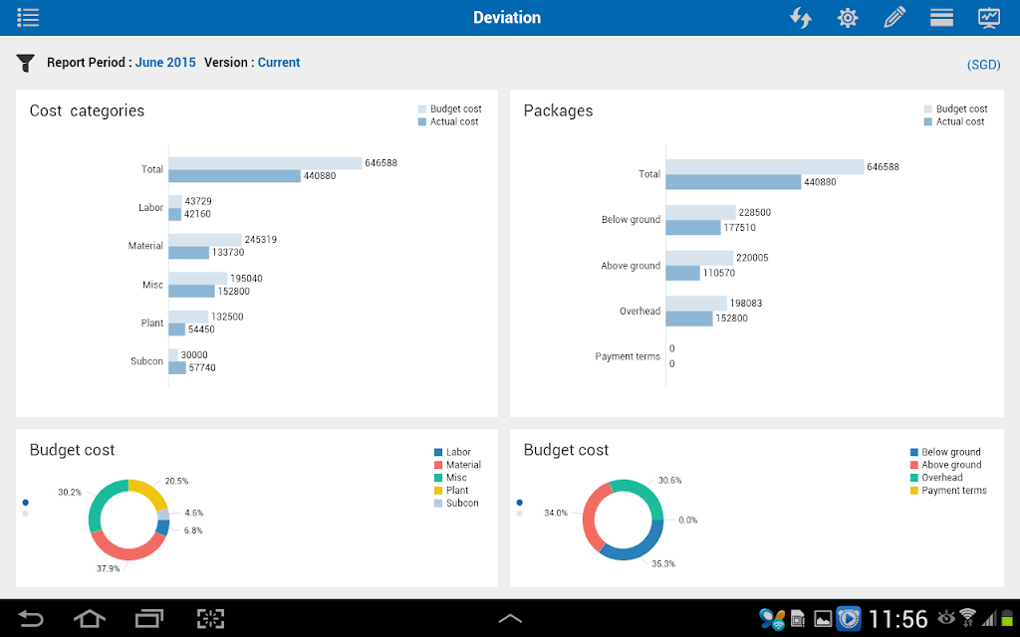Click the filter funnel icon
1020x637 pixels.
coord(25,63)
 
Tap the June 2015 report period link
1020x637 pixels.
coord(165,63)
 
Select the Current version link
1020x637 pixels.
coord(279,63)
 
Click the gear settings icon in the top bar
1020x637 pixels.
coord(848,18)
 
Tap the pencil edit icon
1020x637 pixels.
coord(894,18)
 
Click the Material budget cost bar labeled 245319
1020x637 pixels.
coord(205,240)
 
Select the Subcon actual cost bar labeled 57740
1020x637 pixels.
coord(177,368)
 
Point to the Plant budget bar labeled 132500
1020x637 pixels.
coord(188,317)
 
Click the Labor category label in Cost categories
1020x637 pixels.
coord(150,207)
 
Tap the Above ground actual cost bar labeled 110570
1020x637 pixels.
coord(682,273)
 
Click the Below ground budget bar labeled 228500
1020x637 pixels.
coord(700,213)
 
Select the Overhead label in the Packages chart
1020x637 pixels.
coord(639,312)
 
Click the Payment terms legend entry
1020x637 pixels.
coord(948,490)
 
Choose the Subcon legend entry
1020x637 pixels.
coord(456,503)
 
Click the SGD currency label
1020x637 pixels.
coord(983,65)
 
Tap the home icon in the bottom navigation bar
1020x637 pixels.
coord(89,618)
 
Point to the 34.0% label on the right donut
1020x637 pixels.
coord(556,513)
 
